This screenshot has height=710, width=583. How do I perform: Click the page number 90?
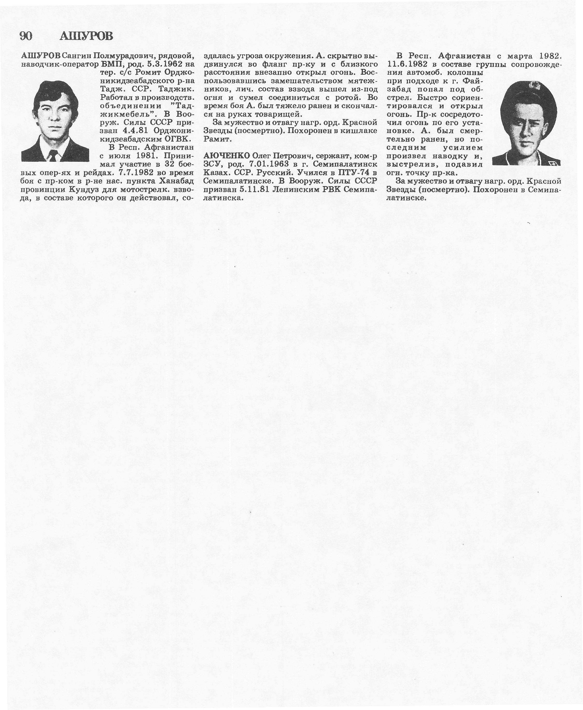26,36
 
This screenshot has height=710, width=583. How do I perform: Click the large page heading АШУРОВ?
86,36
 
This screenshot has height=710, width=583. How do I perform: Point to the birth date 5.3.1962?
166,64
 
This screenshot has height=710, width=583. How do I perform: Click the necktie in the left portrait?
53,156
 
